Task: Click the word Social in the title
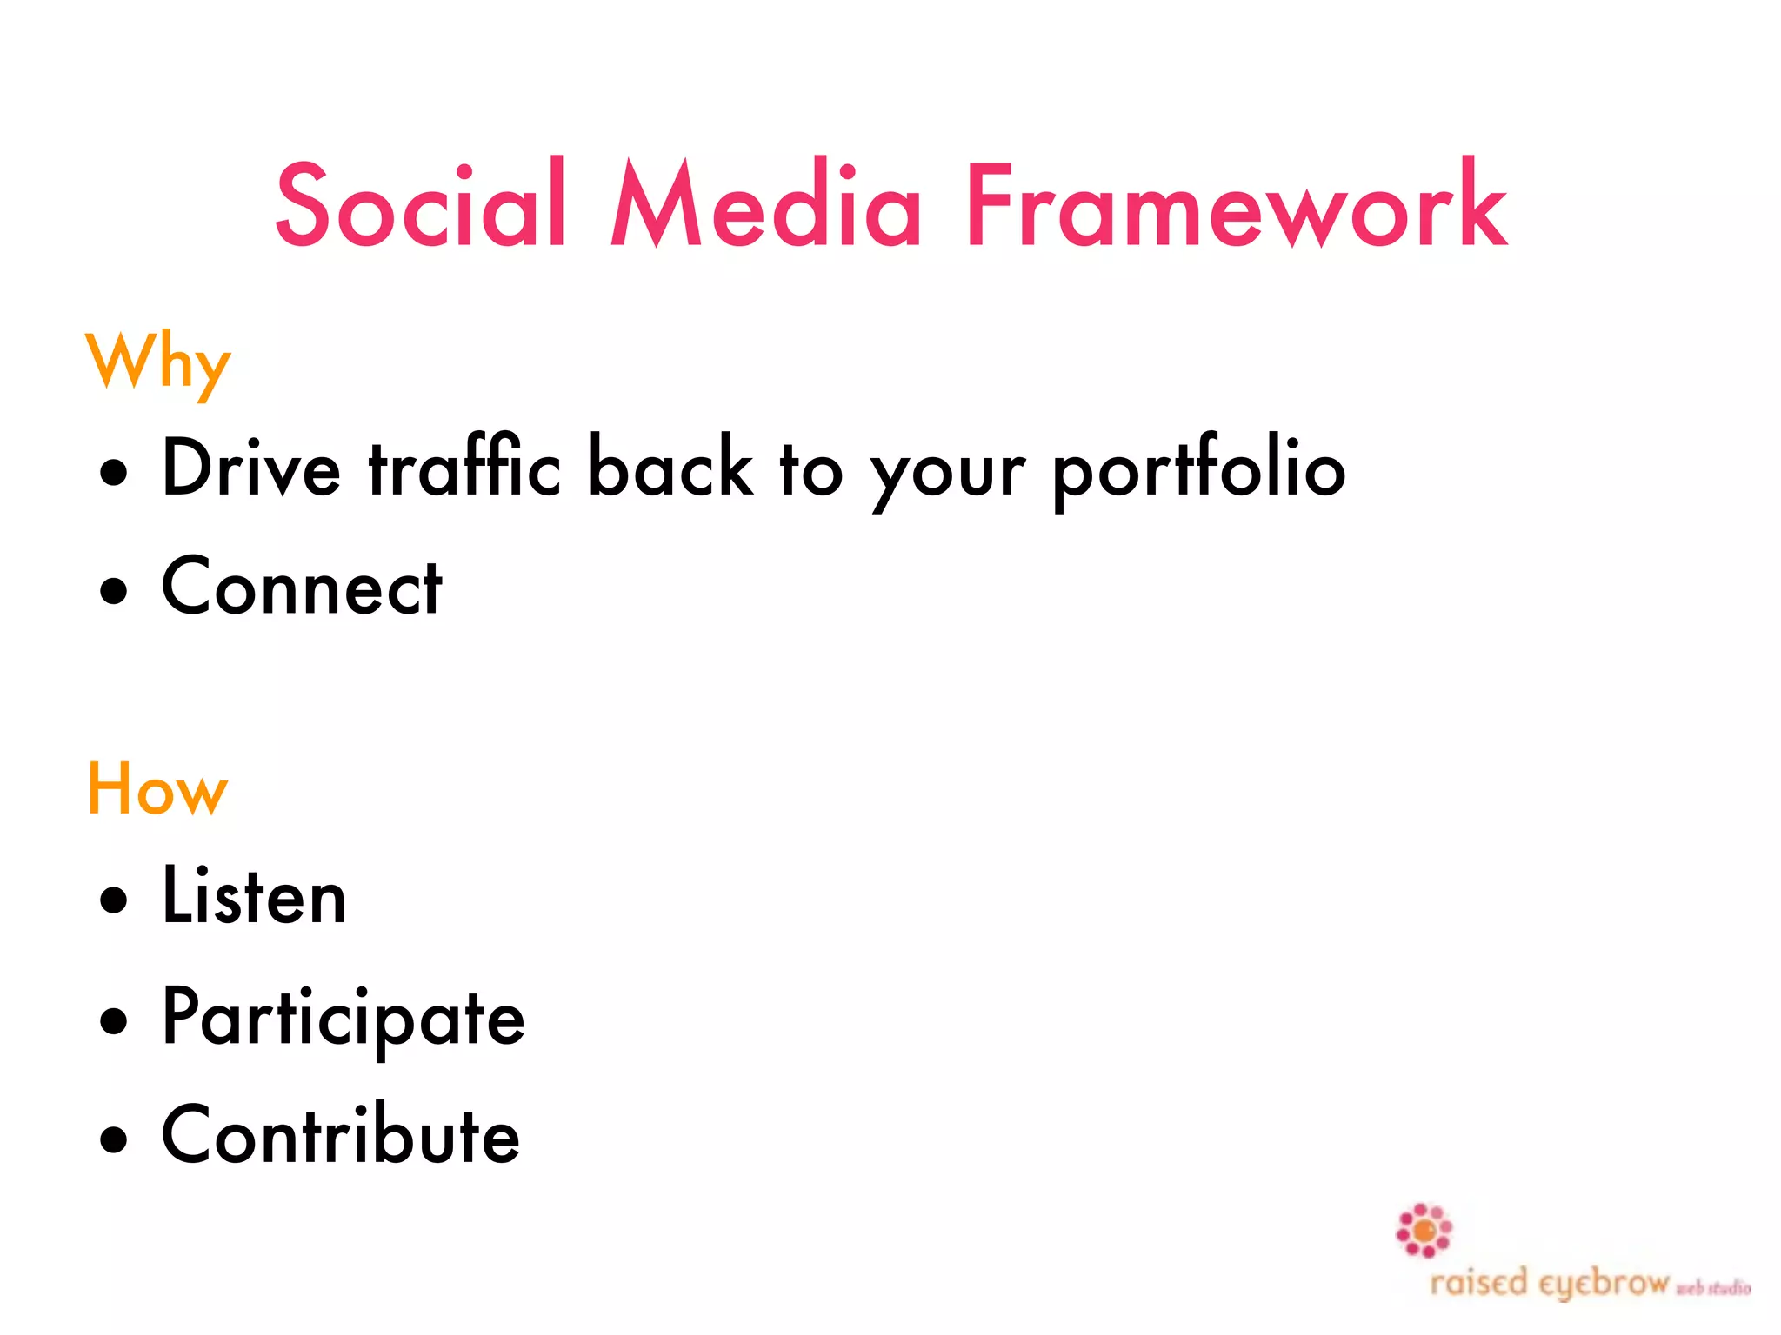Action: (421, 205)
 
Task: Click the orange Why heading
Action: (158, 362)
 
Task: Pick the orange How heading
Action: (157, 789)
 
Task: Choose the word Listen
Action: (254, 896)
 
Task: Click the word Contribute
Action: (341, 1136)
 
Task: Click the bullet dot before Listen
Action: (113, 900)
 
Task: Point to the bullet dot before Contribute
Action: (113, 1139)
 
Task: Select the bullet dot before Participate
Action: (113, 1020)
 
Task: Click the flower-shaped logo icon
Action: (1424, 1231)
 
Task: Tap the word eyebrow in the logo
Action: (1604, 1284)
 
